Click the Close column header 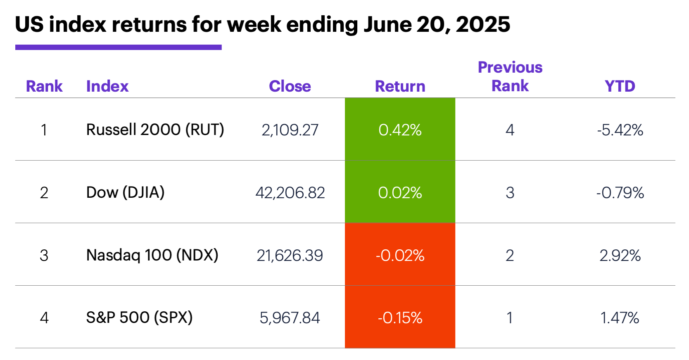coord(290,86)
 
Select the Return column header coord(400,86)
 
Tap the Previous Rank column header coord(510,77)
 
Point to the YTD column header coord(620,86)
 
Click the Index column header coord(107,86)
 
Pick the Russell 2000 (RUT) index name coord(155,130)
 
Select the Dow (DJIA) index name coord(125,192)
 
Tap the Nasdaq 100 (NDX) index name coord(152,255)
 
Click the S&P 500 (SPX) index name coord(139,317)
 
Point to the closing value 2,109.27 coord(290,130)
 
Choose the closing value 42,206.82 coord(290,193)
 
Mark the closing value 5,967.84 coord(290,318)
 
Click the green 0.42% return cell coord(400,130)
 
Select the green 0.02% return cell coord(400,192)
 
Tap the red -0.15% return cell coord(400,317)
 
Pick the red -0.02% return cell coord(400,255)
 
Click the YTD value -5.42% coord(620,130)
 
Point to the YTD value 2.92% coord(620,256)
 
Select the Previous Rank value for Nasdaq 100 coord(510,256)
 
